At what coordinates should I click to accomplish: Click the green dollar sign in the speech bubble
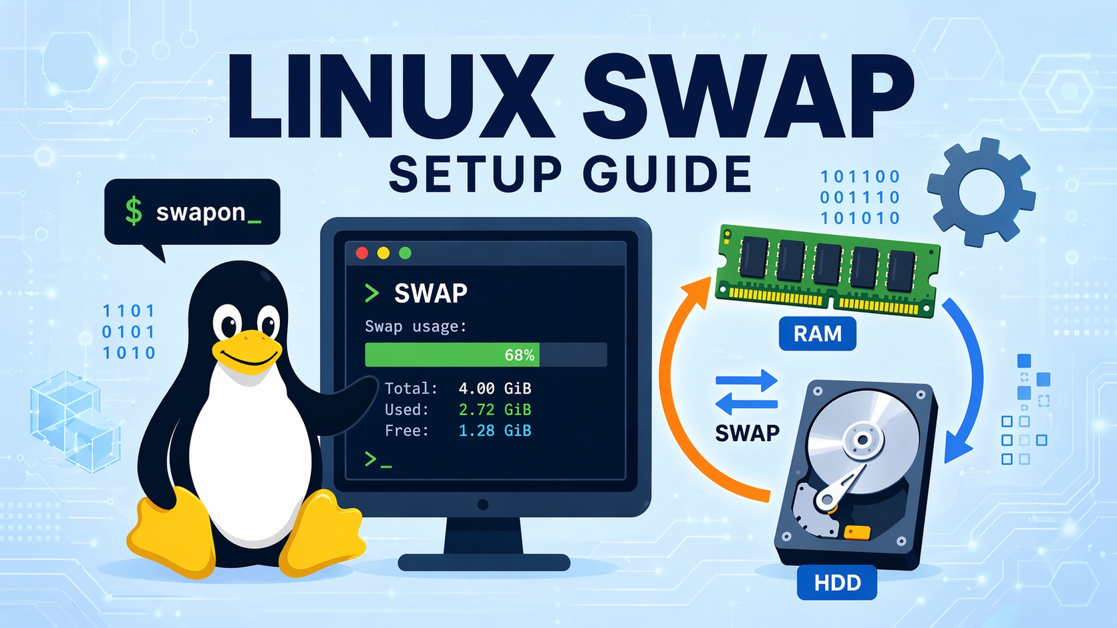[134, 211]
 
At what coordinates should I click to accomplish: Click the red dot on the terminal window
[362, 253]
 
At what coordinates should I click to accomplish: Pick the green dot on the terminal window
[405, 253]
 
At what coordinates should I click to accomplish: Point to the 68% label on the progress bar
[519, 355]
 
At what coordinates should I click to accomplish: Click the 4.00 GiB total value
[494, 388]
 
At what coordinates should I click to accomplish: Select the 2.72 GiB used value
[494, 410]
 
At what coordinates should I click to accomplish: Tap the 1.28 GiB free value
[494, 431]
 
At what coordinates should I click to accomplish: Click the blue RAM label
[817, 334]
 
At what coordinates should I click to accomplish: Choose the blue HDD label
[837, 583]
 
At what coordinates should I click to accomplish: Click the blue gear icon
[981, 192]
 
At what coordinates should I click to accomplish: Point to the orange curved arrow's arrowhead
[696, 292]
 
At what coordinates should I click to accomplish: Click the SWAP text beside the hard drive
[747, 434]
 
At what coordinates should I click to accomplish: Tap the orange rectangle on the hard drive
[857, 532]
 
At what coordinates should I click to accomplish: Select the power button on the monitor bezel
[483, 505]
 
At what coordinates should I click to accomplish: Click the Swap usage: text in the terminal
[416, 326]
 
